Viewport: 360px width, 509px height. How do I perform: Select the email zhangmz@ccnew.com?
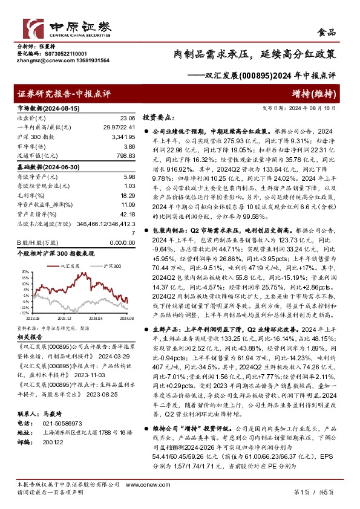tap(45, 60)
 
